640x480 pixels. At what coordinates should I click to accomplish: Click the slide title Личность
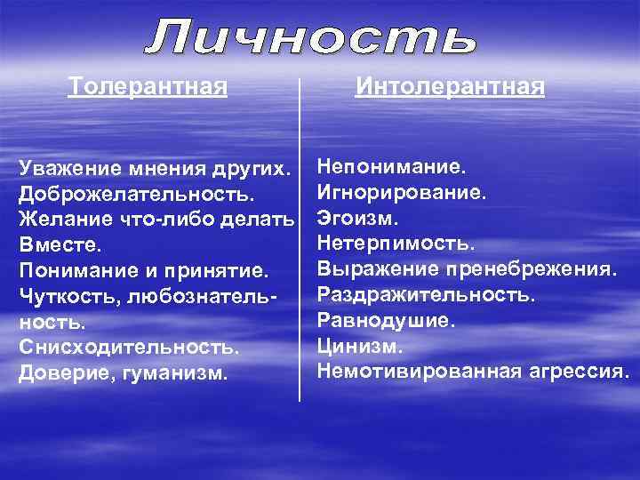click(x=312, y=38)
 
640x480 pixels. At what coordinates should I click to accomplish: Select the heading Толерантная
click(x=148, y=87)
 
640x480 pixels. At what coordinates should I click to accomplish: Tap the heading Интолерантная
click(x=450, y=87)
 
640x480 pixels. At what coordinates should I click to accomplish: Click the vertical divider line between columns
click(x=300, y=240)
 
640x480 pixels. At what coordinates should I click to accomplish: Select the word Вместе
click(x=60, y=244)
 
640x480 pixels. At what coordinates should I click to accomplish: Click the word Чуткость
click(x=64, y=295)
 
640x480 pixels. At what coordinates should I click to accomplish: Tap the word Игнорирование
click(x=402, y=191)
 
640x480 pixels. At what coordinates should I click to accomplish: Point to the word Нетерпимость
click(x=396, y=242)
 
